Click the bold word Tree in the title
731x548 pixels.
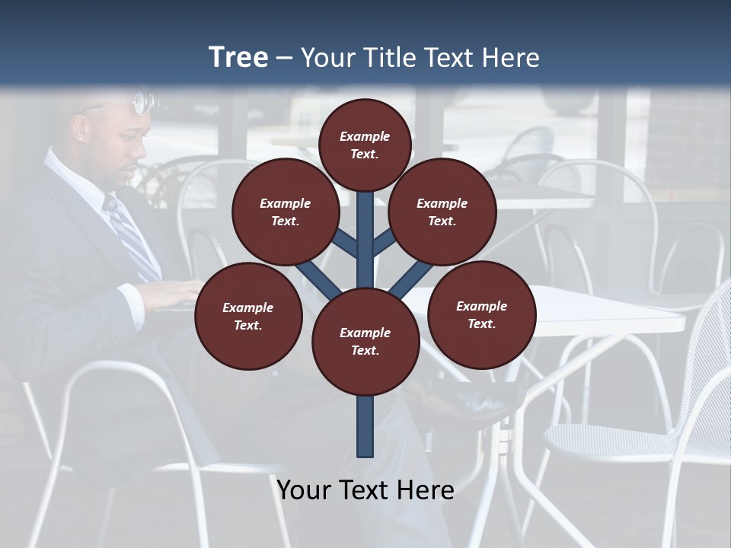coord(238,57)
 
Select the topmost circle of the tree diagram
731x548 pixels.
coord(365,145)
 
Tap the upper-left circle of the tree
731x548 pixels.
coord(286,212)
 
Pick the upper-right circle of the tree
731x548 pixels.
coord(442,212)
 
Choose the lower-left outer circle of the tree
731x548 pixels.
coord(248,316)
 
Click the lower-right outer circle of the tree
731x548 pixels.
coord(482,314)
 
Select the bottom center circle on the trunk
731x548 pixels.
coord(365,342)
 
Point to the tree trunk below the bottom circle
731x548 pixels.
coord(365,426)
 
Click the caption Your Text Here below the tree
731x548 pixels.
coord(365,490)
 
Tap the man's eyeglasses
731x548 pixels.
coord(143,103)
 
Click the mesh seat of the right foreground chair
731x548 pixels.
coord(609,441)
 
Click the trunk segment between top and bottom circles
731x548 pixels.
coord(365,244)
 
